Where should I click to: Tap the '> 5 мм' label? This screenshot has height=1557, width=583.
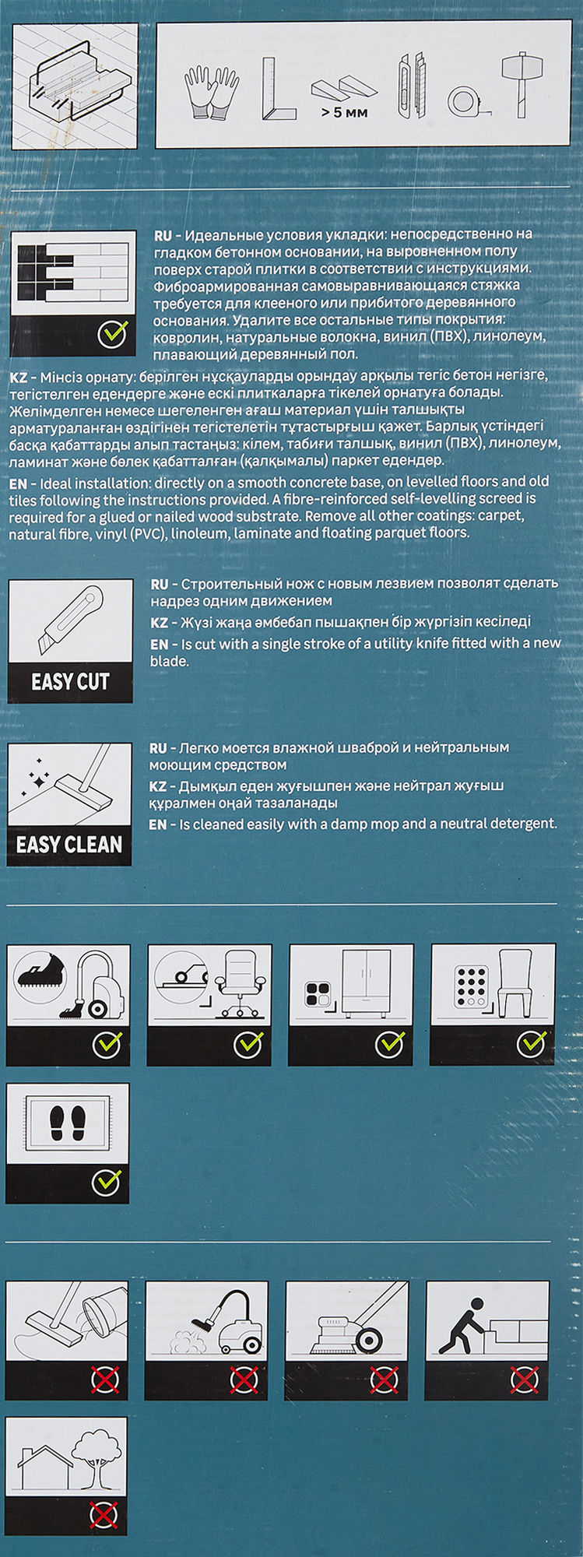[343, 113]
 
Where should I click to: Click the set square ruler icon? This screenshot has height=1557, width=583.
[278, 89]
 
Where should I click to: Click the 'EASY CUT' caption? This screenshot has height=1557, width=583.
[70, 682]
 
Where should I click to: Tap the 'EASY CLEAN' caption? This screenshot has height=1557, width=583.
[69, 845]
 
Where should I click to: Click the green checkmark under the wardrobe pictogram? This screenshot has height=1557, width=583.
[389, 1044]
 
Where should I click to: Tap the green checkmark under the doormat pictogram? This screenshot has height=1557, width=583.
[106, 1182]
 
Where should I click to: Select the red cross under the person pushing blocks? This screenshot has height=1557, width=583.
[523, 1380]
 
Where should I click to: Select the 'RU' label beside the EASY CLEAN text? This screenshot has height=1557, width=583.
[159, 747]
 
